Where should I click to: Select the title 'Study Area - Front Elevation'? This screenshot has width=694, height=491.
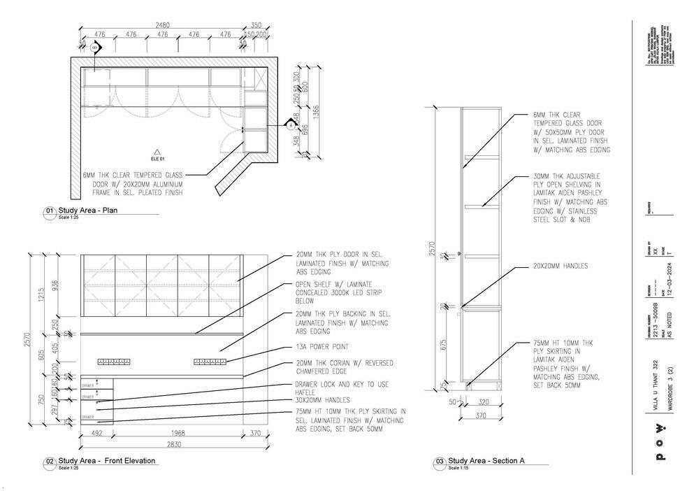(107, 460)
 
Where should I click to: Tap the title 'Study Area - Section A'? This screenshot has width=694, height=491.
(486, 461)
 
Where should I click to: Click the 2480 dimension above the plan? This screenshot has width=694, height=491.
(162, 25)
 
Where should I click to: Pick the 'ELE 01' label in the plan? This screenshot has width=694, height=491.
(157, 158)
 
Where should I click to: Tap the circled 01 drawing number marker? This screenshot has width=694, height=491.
(50, 211)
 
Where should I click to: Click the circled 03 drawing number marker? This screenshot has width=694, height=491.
(440, 462)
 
